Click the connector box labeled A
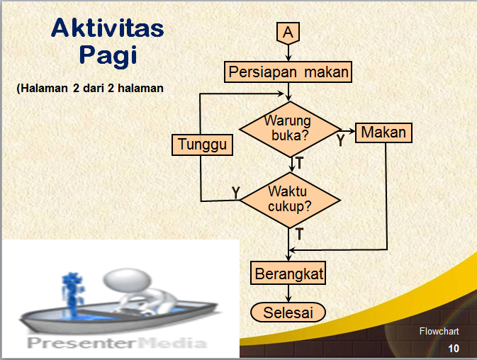tap(288, 33)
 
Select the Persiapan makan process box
tap(288, 72)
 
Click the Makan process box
tap(383, 133)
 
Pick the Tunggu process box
tap(202, 145)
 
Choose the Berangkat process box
tap(288, 272)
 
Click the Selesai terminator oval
tap(288, 313)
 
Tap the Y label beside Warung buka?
tap(341, 140)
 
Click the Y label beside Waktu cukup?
tap(236, 192)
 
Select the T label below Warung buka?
tap(299, 163)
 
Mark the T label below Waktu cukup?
tap(299, 233)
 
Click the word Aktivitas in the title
tap(108, 29)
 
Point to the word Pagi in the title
tap(107, 55)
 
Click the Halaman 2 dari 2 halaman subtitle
tap(90, 89)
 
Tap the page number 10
tap(453, 348)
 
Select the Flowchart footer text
tap(439, 331)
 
